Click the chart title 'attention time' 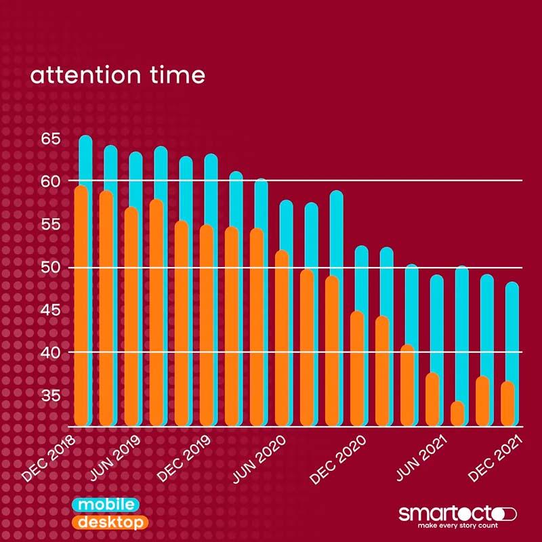(117, 75)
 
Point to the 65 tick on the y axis (51, 140)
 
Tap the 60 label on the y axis (51, 181)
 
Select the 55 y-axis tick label (51, 225)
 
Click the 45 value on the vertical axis (51, 310)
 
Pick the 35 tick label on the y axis (51, 395)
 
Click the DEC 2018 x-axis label (49, 459)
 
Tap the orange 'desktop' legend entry (109, 523)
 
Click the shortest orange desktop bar (458, 414)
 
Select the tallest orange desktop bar (81, 305)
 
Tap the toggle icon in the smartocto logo (505, 513)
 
